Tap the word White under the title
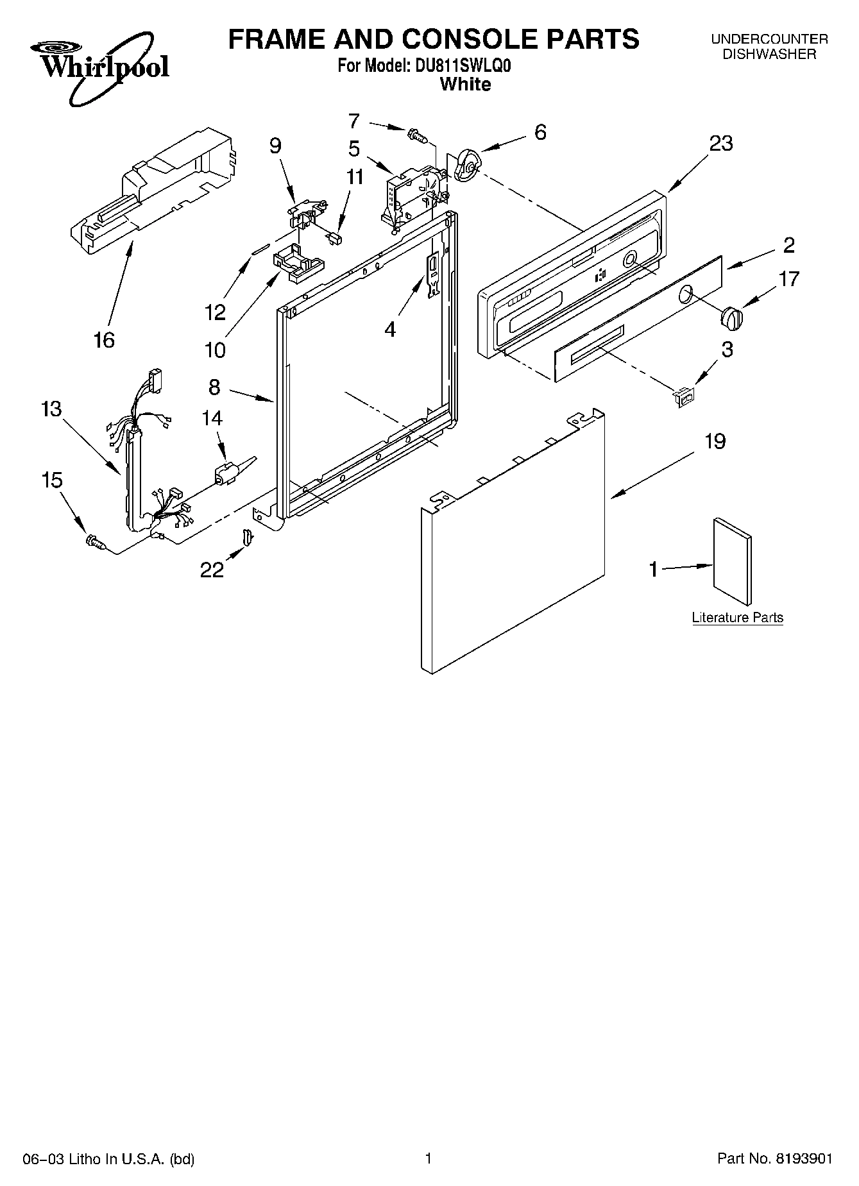coord(466,84)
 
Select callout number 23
coord(720,144)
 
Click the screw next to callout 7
coord(417,135)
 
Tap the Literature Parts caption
coord(737,618)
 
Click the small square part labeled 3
coord(685,398)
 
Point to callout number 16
coord(104,339)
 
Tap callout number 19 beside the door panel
coord(715,441)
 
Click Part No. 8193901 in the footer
coord(775,1158)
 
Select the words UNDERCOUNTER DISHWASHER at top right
coord(769,47)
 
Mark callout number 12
coord(216,312)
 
